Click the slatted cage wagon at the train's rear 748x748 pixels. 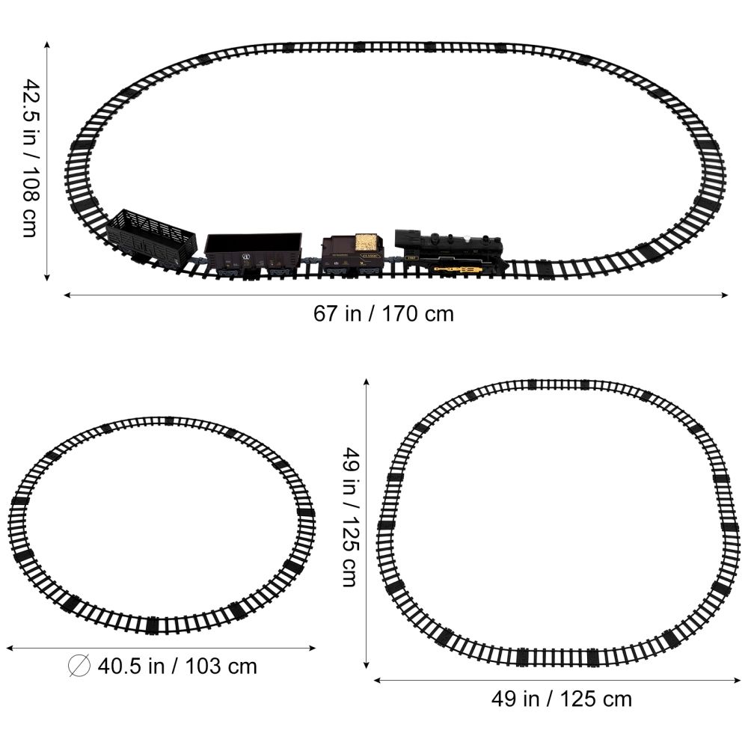pos(152,238)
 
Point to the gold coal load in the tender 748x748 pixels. pos(367,242)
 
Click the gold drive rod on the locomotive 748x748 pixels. pos(456,266)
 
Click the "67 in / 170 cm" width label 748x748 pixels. pos(383,313)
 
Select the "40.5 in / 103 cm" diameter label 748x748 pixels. pos(177,666)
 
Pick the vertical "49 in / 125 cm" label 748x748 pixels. pos(349,517)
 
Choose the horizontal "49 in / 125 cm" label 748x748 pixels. pos(561,699)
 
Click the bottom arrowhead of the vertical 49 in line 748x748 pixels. pos(367,664)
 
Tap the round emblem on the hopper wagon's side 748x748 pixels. pos(243,257)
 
